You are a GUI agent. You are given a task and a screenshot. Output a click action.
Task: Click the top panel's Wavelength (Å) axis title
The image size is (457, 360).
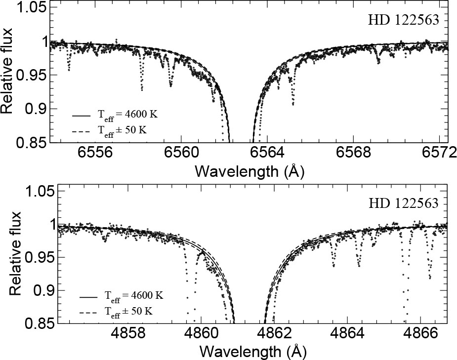249,171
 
